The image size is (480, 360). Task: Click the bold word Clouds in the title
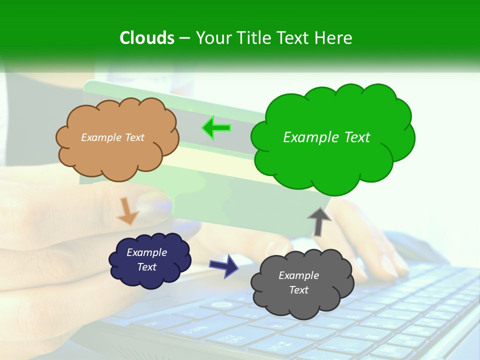[x=147, y=38]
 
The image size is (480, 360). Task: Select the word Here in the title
[x=333, y=38]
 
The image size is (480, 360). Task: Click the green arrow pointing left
[x=216, y=128]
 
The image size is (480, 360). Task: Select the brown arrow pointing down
[x=128, y=210]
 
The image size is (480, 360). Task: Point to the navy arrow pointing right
[x=223, y=265]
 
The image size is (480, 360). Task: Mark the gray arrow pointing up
[x=319, y=221]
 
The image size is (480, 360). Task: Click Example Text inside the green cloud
[x=326, y=137]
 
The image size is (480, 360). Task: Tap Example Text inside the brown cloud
[x=112, y=137]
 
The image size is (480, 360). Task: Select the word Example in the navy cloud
[x=146, y=252]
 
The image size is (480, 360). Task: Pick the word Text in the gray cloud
[x=298, y=290]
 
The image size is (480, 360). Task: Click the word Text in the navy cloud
[x=147, y=267]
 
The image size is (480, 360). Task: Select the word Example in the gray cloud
[x=298, y=275]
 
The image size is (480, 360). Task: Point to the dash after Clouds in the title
[x=184, y=38]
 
